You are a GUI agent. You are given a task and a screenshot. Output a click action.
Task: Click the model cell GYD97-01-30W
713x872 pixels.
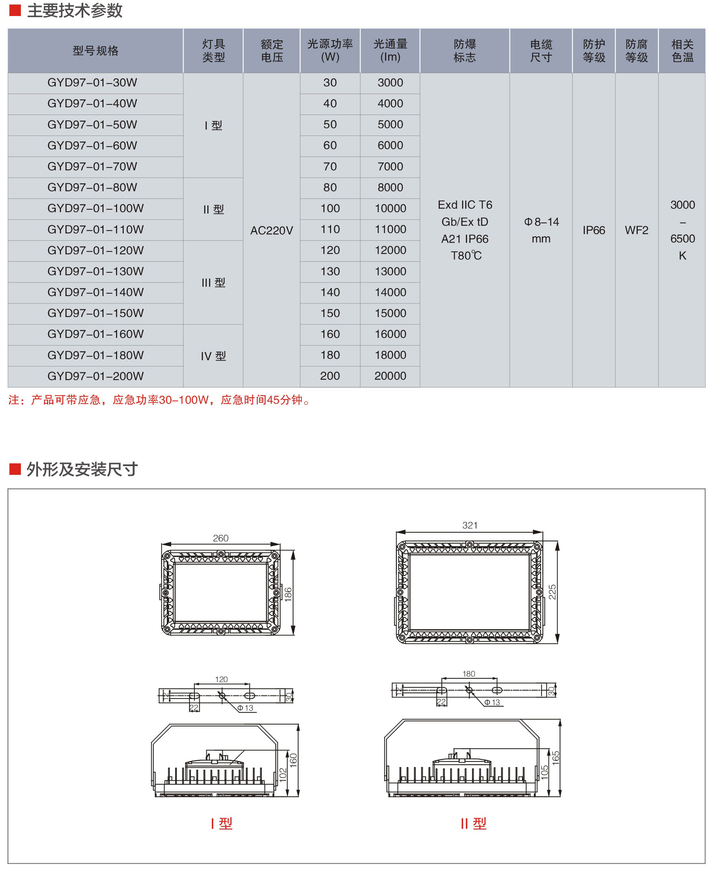click(92, 83)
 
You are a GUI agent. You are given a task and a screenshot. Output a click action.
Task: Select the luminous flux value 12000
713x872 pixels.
click(390, 250)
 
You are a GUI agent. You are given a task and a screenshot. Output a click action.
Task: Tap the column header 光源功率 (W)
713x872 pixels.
click(330, 51)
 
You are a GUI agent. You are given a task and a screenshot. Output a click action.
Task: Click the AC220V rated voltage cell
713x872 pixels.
click(271, 230)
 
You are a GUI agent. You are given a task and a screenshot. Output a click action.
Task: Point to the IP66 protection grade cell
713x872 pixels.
click(594, 230)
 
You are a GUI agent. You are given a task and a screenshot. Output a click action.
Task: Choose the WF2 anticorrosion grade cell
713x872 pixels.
click(637, 230)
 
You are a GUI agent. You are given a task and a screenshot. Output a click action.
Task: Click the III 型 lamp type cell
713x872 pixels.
click(213, 283)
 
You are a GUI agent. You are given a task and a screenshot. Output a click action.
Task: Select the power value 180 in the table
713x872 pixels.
click(330, 355)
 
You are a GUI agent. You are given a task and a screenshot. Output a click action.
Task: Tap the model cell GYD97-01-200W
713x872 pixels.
click(96, 376)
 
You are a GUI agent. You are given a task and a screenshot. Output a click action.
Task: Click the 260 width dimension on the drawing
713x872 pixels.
click(221, 538)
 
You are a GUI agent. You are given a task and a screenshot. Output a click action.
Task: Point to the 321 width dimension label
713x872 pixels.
click(470, 525)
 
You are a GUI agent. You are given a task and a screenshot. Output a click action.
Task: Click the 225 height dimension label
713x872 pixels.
click(552, 592)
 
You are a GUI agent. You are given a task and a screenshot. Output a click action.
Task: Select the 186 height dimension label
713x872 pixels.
click(288, 594)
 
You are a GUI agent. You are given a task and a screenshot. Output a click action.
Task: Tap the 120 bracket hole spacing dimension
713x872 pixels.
click(221, 679)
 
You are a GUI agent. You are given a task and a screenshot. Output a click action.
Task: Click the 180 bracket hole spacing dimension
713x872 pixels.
click(469, 674)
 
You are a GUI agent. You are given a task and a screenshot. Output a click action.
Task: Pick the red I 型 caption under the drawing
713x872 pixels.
click(221, 823)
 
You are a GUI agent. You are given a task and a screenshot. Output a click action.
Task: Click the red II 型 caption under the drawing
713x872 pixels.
click(473, 823)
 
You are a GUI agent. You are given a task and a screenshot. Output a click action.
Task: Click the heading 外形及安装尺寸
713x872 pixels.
click(82, 469)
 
